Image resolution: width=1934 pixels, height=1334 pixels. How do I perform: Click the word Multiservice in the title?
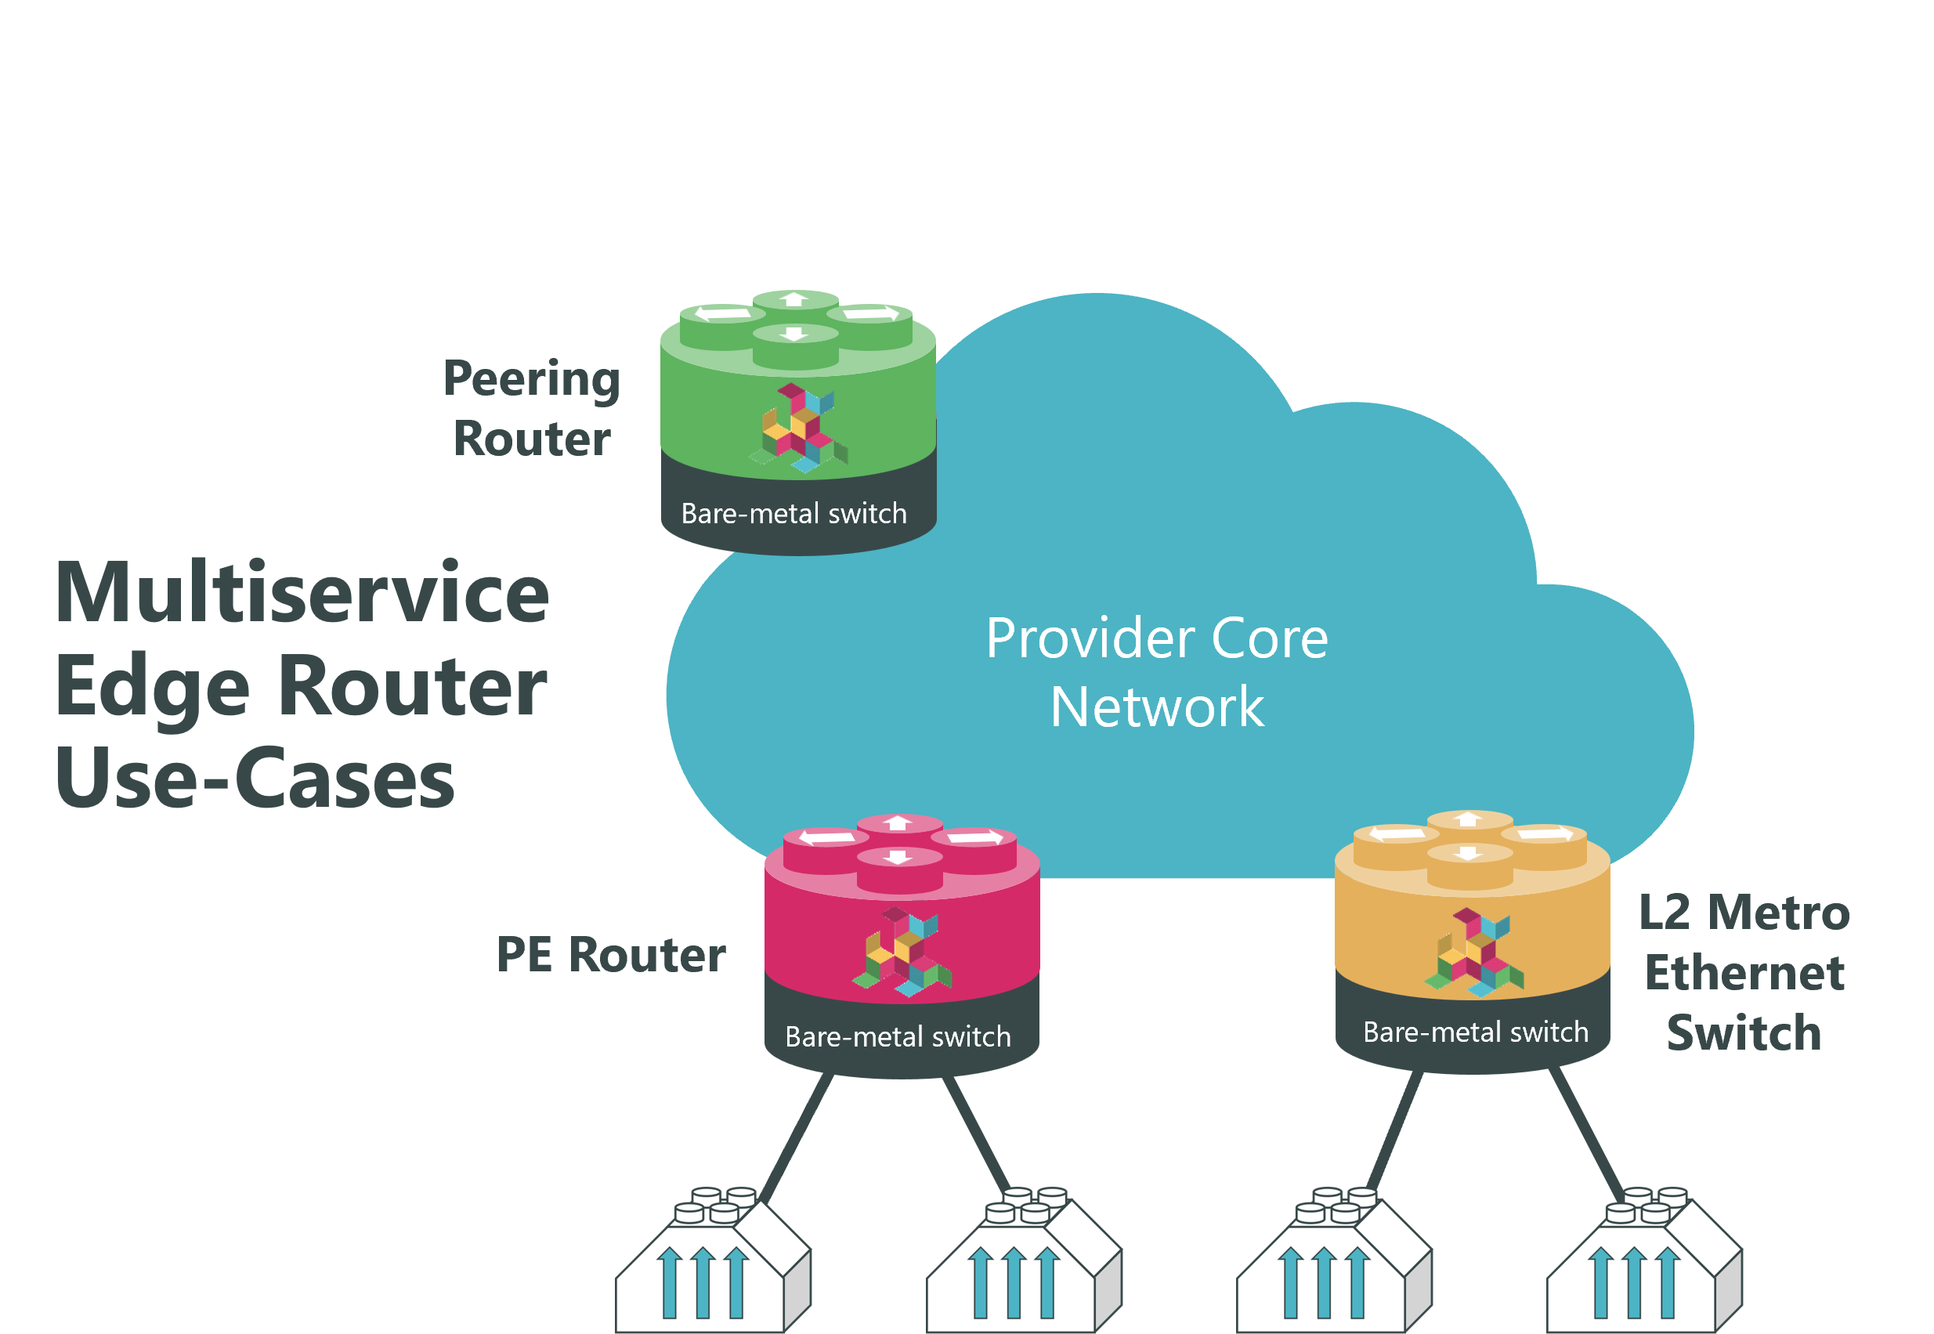[302, 593]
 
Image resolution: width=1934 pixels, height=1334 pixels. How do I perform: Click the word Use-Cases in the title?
[255, 778]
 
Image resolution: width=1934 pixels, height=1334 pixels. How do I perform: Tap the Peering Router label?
[533, 409]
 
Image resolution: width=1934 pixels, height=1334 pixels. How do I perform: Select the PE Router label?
[611, 955]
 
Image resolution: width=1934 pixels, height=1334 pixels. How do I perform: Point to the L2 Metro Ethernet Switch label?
[1744, 972]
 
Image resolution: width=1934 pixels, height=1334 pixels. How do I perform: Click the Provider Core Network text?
[1157, 672]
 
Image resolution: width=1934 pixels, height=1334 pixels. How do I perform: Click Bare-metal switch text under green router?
[794, 513]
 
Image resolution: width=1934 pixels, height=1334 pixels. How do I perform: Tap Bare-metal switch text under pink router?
[898, 1036]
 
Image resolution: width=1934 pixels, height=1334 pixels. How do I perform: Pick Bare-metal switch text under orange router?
[1476, 1032]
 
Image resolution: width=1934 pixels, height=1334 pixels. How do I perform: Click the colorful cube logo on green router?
[798, 427]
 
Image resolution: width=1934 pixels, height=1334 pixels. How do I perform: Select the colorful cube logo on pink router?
[902, 951]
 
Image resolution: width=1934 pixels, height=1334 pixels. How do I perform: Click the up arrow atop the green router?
[795, 299]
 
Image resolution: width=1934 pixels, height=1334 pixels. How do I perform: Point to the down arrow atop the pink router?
[898, 857]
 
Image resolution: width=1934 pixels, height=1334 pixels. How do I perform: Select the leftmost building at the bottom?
[712, 1262]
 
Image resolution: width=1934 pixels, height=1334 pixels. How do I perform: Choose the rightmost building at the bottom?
[1644, 1262]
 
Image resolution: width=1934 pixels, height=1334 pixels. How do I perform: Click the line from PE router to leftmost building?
[796, 1138]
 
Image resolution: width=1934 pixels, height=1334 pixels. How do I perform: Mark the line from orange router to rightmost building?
[1586, 1130]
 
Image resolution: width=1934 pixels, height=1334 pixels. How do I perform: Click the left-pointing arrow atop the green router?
[723, 314]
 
